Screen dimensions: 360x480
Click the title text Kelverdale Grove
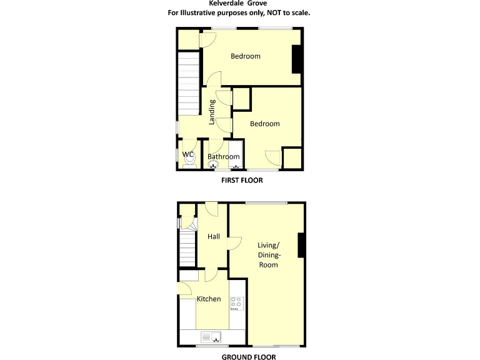239,3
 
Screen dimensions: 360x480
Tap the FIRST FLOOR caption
242,180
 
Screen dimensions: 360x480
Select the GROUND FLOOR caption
248,357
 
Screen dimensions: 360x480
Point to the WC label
189,154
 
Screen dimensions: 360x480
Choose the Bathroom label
223,157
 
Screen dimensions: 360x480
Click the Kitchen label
209,299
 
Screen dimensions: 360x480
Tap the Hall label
214,236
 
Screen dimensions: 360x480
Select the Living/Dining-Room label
269,254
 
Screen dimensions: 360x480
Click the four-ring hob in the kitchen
236,303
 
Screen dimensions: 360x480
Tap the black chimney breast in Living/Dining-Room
302,244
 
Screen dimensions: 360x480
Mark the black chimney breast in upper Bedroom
297,59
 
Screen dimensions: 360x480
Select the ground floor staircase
187,247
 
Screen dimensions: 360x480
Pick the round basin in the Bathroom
211,166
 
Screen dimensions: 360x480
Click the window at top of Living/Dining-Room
266,202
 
